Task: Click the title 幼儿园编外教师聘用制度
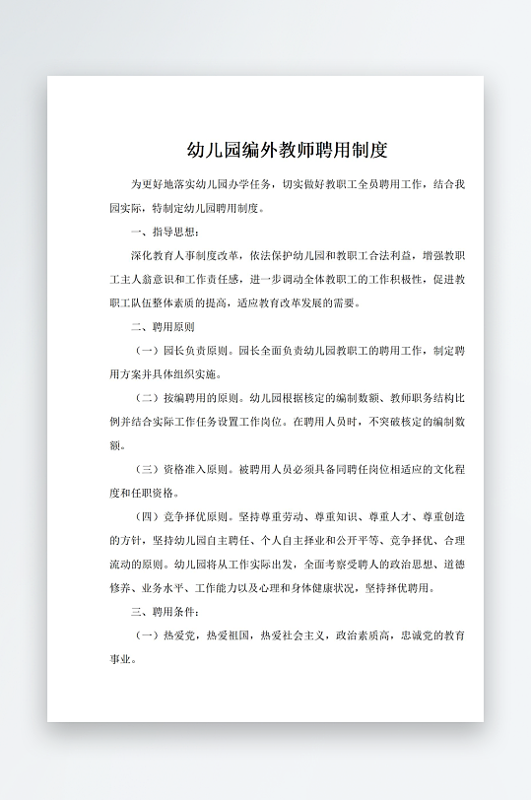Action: click(x=287, y=151)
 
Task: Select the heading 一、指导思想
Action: click(x=165, y=232)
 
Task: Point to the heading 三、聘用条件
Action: click(x=165, y=612)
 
